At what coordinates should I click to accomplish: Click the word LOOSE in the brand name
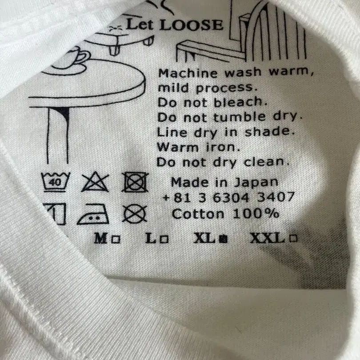click(x=191, y=25)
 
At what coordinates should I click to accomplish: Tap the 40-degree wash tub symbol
click(x=55, y=182)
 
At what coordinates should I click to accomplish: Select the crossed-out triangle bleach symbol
click(x=95, y=183)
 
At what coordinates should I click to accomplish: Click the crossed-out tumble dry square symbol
click(x=135, y=182)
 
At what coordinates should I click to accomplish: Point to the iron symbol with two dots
click(x=93, y=214)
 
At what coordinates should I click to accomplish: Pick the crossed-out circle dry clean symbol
click(x=135, y=214)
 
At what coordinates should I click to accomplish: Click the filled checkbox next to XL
click(x=223, y=239)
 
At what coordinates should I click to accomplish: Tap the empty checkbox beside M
click(x=116, y=240)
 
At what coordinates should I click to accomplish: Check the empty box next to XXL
click(x=293, y=238)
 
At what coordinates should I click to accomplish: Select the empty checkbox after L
click(x=164, y=240)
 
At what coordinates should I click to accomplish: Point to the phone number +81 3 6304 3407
click(x=228, y=197)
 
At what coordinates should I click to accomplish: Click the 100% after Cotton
click(x=256, y=213)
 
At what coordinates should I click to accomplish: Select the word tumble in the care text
click(x=240, y=117)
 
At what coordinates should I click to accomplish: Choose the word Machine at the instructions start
click(x=188, y=73)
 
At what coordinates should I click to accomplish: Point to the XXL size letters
click(x=268, y=238)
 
